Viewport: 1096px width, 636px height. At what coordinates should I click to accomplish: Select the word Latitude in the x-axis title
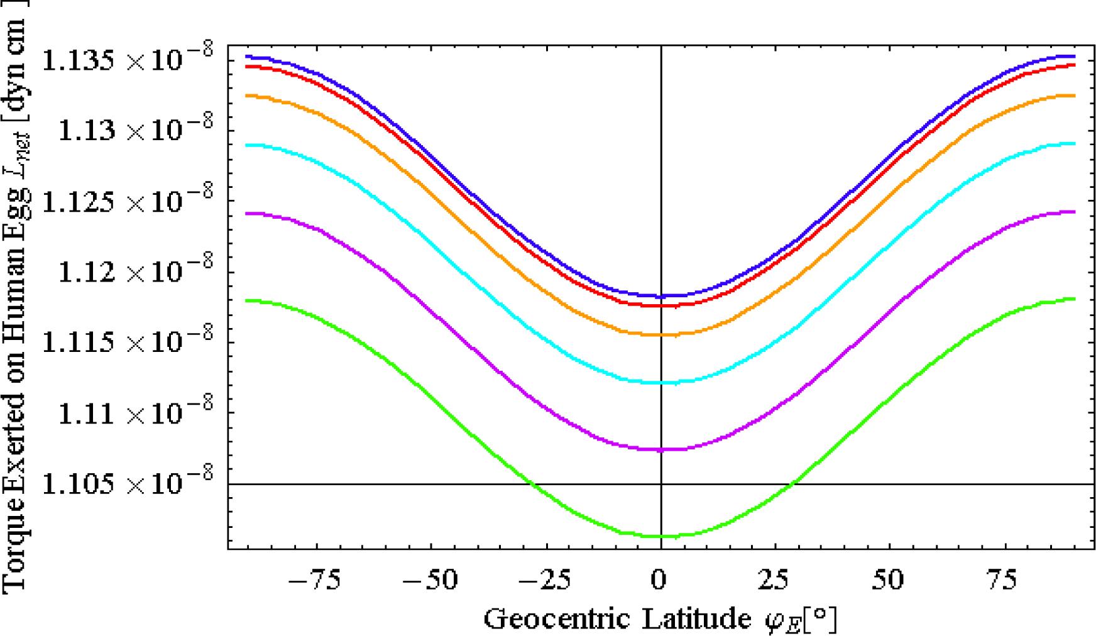(692, 620)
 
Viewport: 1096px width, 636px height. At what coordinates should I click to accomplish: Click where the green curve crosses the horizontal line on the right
(793, 483)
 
